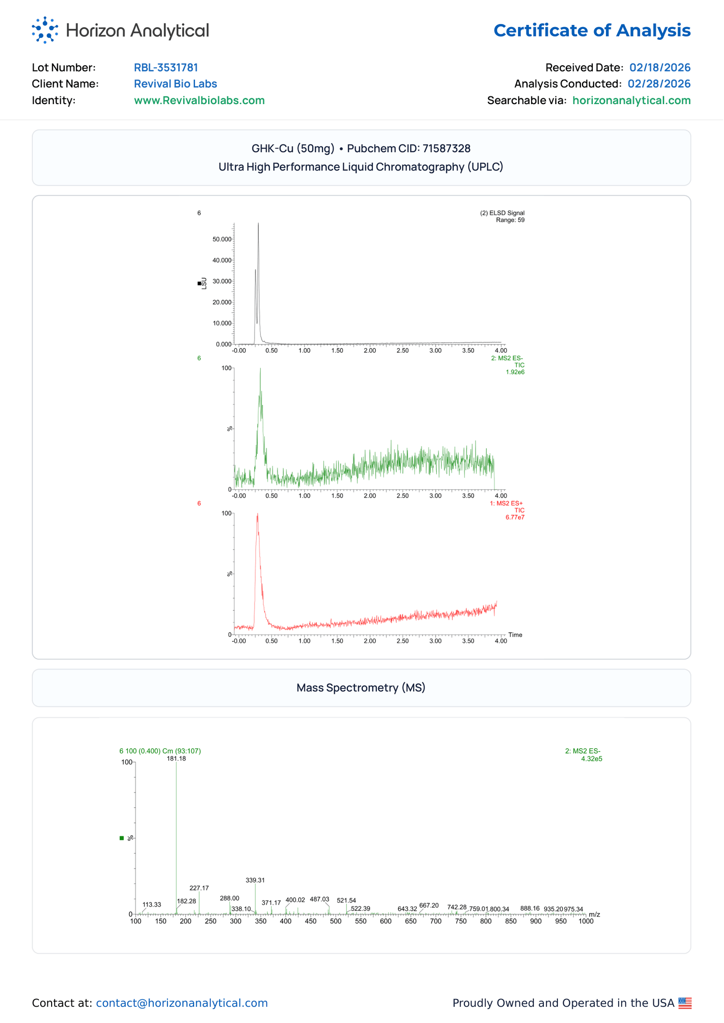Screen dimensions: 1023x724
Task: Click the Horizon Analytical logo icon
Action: pyautogui.click(x=45, y=30)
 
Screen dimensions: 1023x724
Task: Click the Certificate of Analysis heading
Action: pyautogui.click(x=592, y=30)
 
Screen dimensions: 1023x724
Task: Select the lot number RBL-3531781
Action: pyautogui.click(x=166, y=67)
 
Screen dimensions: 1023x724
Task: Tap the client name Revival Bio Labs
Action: pyautogui.click(x=175, y=84)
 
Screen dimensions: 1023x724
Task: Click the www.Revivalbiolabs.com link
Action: pyautogui.click(x=199, y=100)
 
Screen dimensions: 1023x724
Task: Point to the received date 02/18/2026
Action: pyautogui.click(x=660, y=67)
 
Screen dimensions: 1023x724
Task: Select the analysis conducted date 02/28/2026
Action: pyautogui.click(x=659, y=84)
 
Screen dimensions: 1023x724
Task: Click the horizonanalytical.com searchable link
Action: pyautogui.click(x=631, y=100)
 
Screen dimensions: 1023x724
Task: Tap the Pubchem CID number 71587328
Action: pyautogui.click(x=446, y=148)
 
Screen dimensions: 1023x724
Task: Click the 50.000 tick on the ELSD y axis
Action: pyautogui.click(x=222, y=239)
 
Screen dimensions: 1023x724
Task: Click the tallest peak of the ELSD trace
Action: pyautogui.click(x=258, y=224)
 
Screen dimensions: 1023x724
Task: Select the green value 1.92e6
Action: pyautogui.click(x=515, y=372)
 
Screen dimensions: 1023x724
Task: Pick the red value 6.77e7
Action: pyautogui.click(x=515, y=517)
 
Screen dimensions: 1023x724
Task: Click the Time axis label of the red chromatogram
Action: pyautogui.click(x=515, y=635)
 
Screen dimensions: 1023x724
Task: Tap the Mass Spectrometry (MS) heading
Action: pyautogui.click(x=361, y=688)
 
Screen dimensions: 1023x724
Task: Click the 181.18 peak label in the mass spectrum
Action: pyautogui.click(x=176, y=759)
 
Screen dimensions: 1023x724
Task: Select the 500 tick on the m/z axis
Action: pyautogui.click(x=336, y=922)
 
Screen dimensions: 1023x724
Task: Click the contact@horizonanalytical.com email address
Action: pyautogui.click(x=182, y=1003)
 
